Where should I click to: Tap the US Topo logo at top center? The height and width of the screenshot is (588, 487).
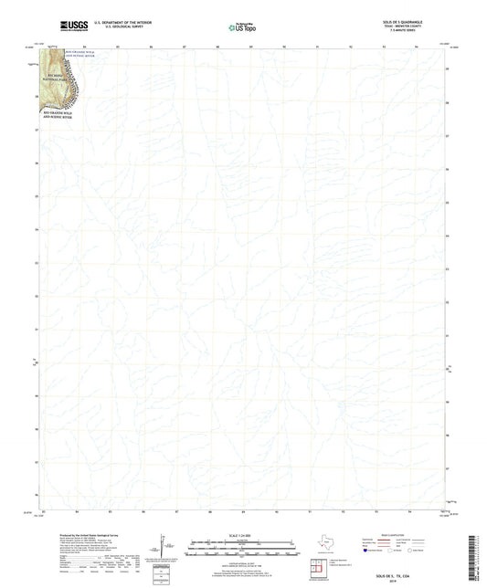click(x=241, y=27)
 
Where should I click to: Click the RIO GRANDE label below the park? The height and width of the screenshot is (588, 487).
click(x=60, y=116)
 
